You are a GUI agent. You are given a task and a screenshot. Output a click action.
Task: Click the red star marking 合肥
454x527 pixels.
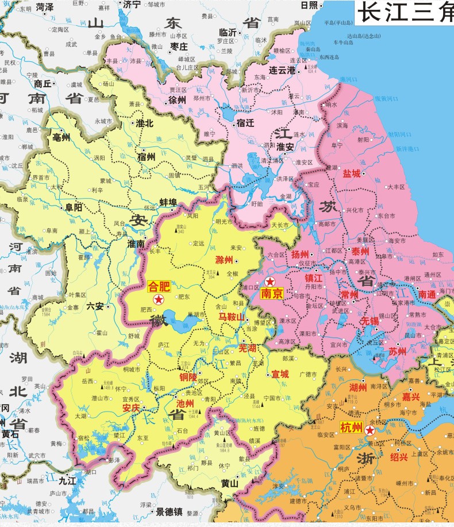click(158, 299)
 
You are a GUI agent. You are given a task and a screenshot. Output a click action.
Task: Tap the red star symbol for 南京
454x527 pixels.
click(270, 281)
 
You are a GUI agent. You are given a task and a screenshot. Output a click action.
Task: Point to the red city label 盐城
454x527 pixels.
click(352, 173)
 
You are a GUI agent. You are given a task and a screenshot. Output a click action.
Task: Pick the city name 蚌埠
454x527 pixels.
click(169, 202)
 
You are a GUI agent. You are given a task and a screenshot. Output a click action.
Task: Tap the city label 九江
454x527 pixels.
click(68, 481)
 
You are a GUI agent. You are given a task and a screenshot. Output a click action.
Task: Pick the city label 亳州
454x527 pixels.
click(61, 137)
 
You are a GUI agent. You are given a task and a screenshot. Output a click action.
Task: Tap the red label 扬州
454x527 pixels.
click(300, 254)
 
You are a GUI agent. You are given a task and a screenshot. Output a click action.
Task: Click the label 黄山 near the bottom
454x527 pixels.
click(230, 483)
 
